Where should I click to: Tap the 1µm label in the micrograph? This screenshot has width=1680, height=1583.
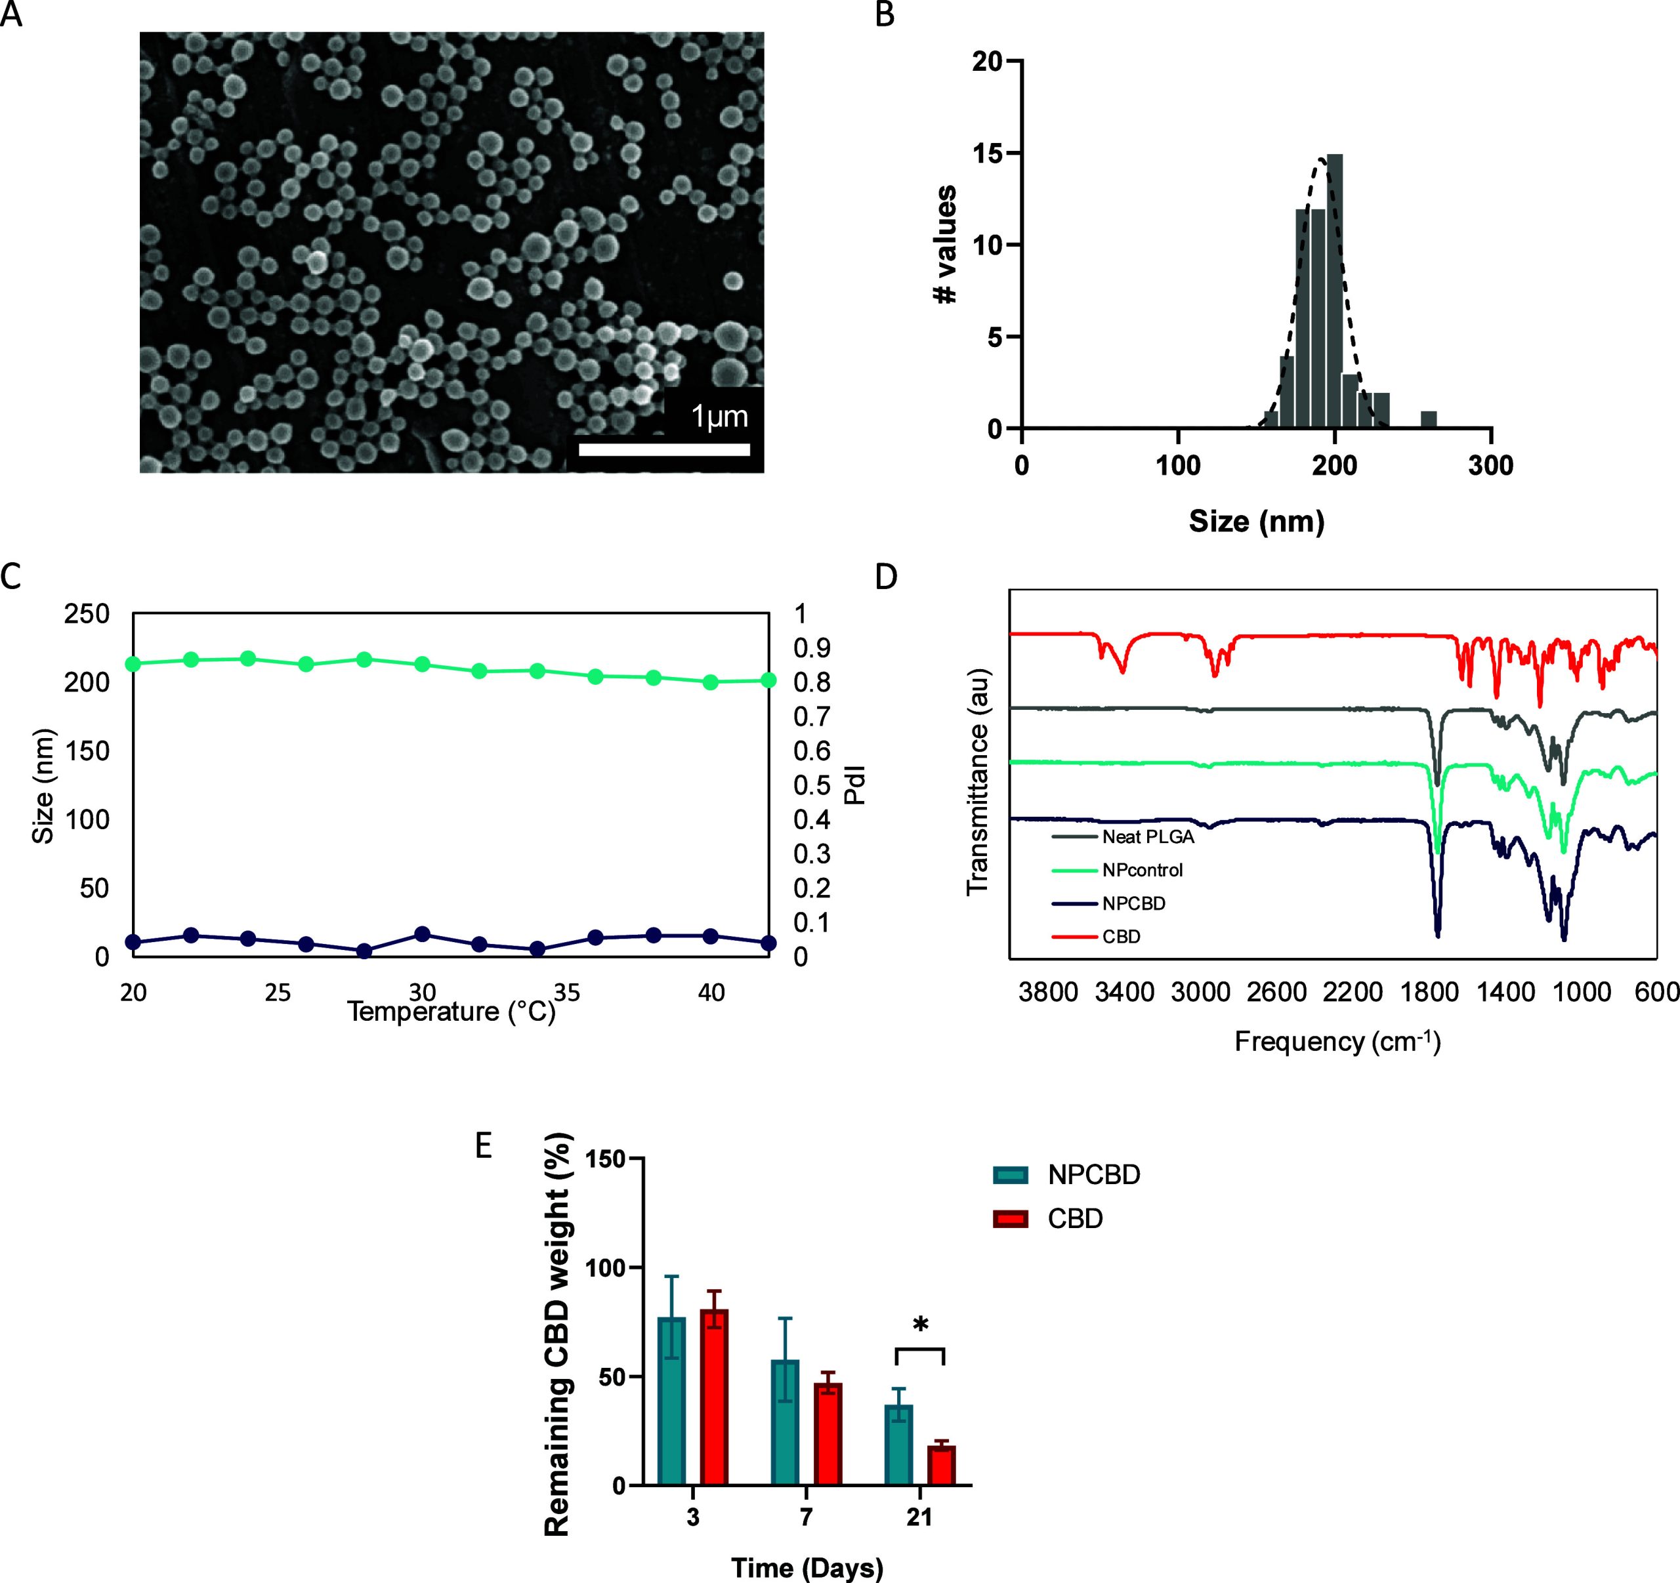tap(719, 417)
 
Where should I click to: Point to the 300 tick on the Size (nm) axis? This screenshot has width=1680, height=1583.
tap(1491, 465)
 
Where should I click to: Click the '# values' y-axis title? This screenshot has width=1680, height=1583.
tap(946, 244)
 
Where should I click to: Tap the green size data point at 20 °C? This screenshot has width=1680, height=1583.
tap(133, 664)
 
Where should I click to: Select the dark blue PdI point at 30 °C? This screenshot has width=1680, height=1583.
tap(422, 934)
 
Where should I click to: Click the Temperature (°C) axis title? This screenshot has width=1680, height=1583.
tap(451, 1011)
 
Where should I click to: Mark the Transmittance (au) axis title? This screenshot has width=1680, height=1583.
tap(978, 781)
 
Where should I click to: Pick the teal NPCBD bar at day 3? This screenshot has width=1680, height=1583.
tap(672, 1401)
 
